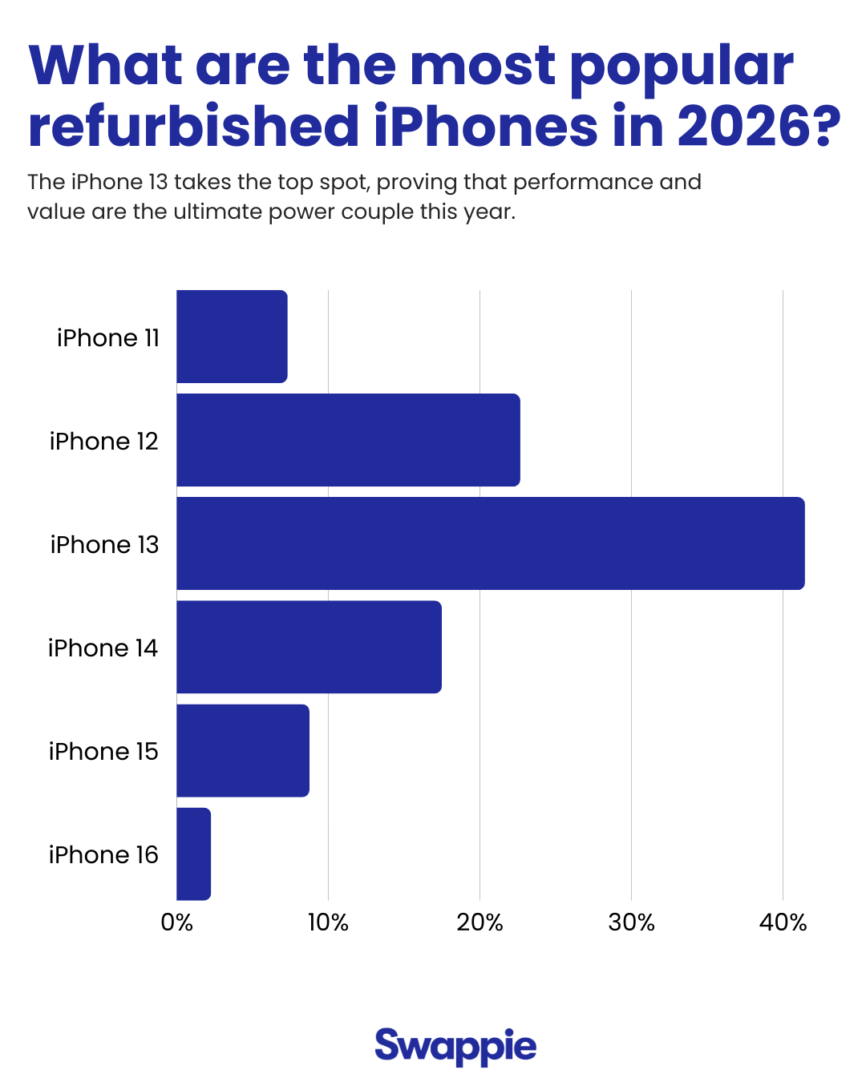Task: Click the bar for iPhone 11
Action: [x=232, y=337]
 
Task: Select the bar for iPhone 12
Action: [x=348, y=440]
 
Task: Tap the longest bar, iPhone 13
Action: [x=490, y=543]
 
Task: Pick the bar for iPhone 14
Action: [x=309, y=647]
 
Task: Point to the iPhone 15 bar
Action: [x=243, y=750]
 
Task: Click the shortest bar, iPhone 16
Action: [x=194, y=854]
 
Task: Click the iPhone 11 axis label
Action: [x=108, y=338]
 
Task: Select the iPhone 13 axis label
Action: [x=104, y=545]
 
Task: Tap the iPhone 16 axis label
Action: [x=103, y=855]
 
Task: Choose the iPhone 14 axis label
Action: [x=103, y=648]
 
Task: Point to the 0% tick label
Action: [x=176, y=923]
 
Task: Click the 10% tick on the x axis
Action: [x=328, y=923]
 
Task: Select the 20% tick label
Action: [x=480, y=923]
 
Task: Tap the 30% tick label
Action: [x=631, y=923]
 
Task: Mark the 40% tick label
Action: [x=783, y=923]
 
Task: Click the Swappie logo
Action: [x=455, y=1046]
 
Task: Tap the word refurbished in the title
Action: [x=193, y=127]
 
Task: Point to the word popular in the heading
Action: [x=682, y=67]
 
